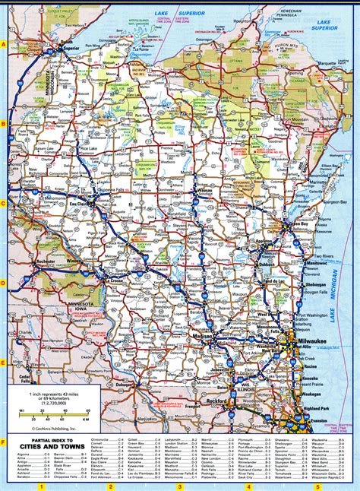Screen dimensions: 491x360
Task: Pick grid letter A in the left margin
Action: (4, 45)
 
